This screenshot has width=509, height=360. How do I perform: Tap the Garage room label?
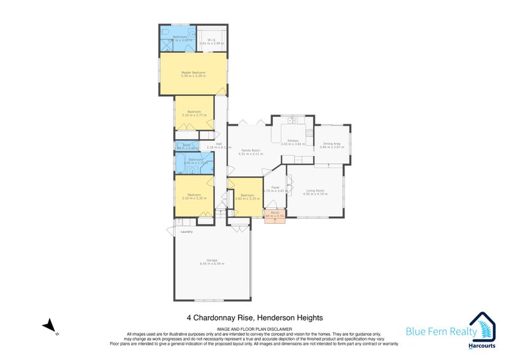pyautogui.click(x=212, y=260)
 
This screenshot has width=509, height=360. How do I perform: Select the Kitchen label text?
pyautogui.click(x=293, y=141)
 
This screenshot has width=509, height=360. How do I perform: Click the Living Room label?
pyautogui.click(x=316, y=190)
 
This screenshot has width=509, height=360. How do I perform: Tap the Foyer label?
pyautogui.click(x=276, y=188)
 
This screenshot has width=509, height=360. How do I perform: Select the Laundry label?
pyautogui.click(x=186, y=232)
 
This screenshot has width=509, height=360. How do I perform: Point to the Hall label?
pyautogui.click(x=219, y=144)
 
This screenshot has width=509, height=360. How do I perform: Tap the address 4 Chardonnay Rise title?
pyautogui.click(x=254, y=317)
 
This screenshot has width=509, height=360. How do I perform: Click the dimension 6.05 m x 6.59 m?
pyautogui.click(x=212, y=263)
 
